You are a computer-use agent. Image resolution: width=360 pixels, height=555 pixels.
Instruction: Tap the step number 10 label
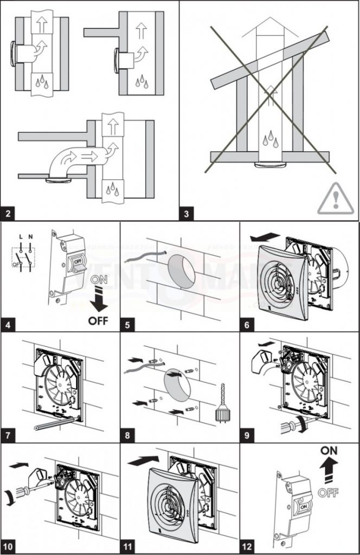[11, 544]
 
